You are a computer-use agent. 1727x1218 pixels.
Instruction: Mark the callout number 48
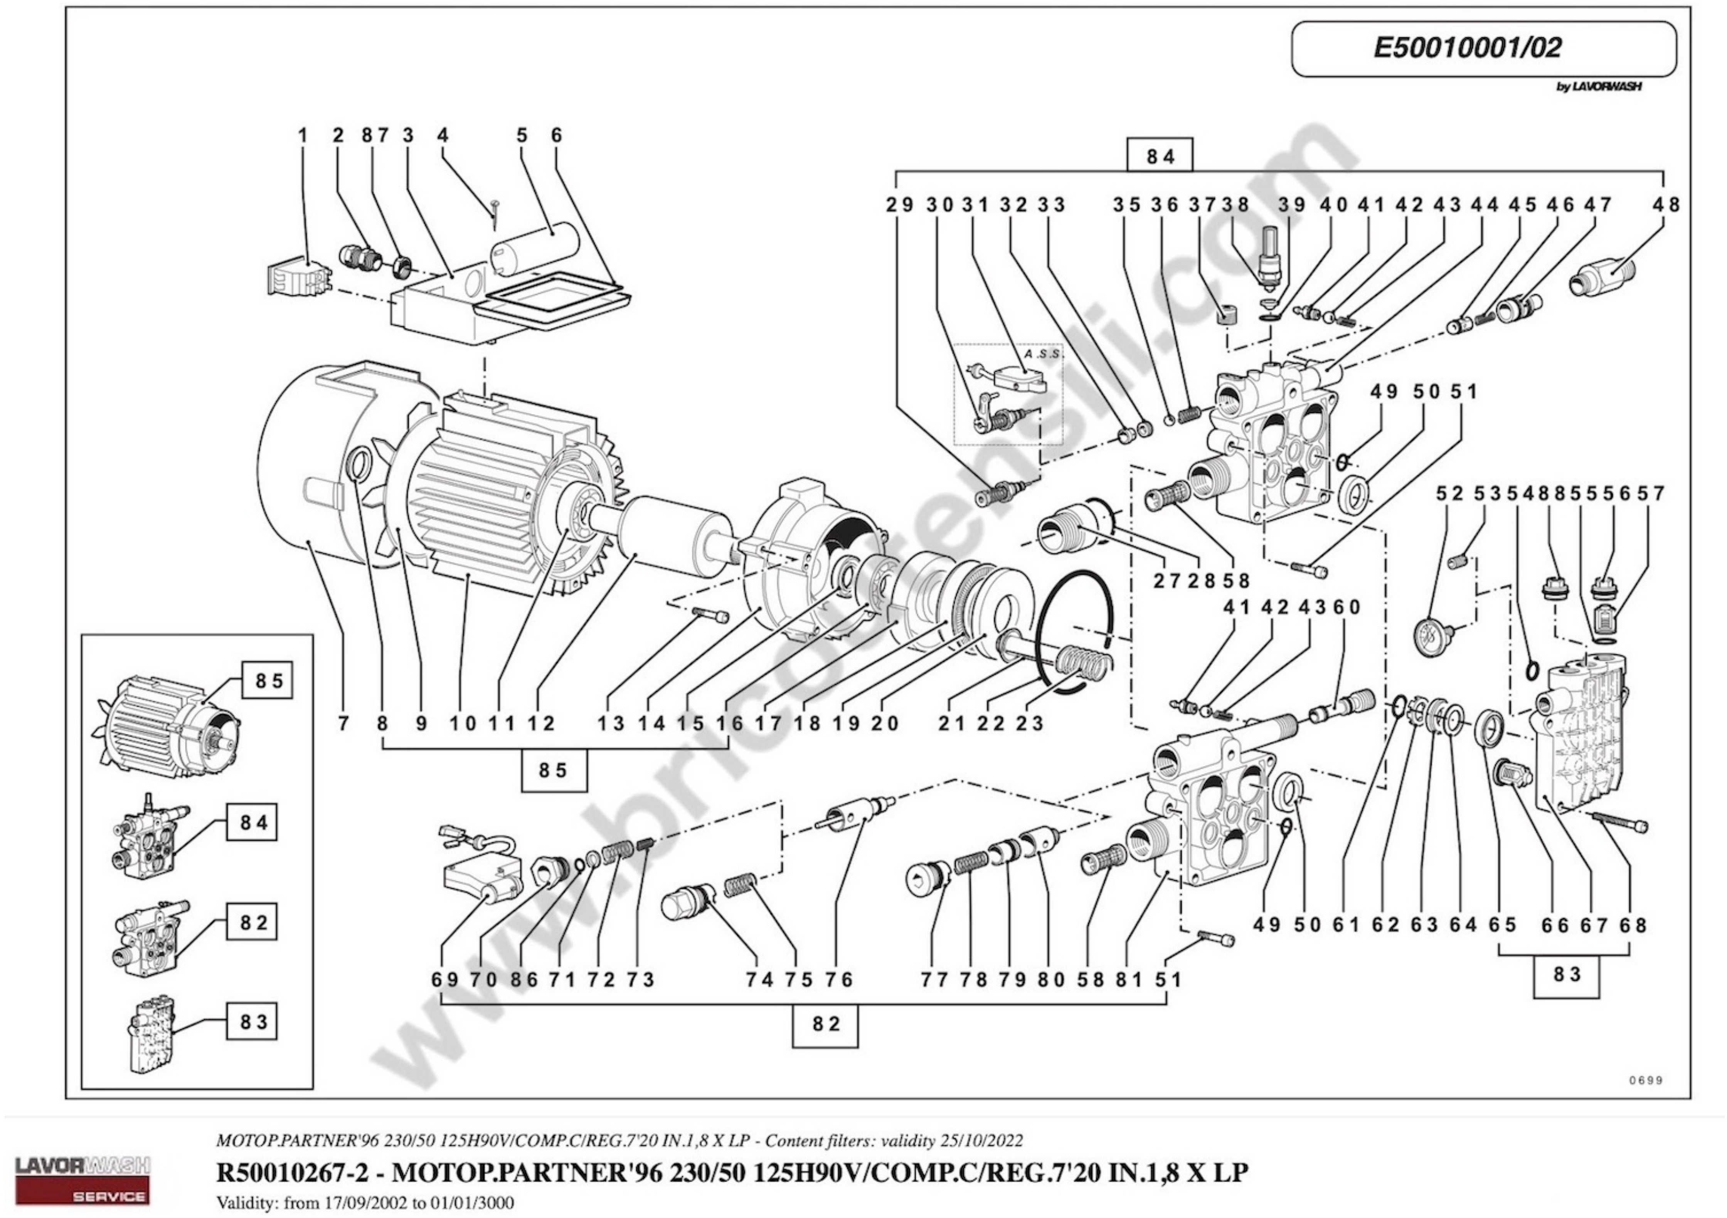[x=1666, y=205]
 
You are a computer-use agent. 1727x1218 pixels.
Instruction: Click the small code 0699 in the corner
[x=1646, y=1080]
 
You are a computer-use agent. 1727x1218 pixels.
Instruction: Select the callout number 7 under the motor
[x=344, y=723]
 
